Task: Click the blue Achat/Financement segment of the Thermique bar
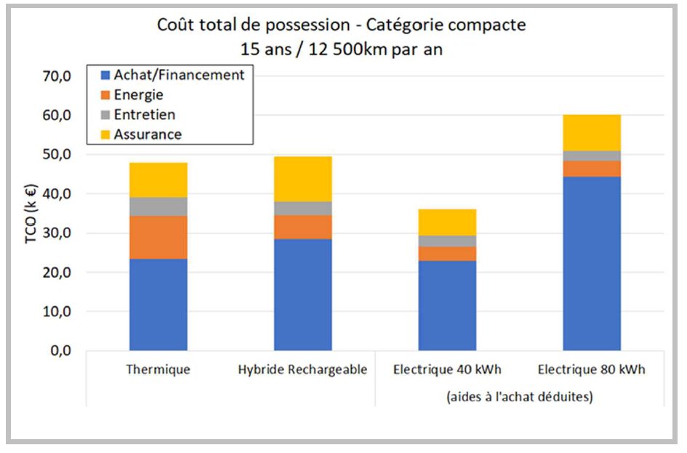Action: [158, 305]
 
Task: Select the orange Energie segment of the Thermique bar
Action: [158, 237]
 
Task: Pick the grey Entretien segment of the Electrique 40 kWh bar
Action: [447, 241]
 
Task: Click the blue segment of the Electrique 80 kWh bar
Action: [592, 263]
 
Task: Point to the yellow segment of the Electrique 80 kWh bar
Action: [592, 132]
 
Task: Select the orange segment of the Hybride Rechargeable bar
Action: [302, 227]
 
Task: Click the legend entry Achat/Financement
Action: [178, 75]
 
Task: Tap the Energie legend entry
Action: [138, 95]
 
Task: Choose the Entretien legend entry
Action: [144, 114]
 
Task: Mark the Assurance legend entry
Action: [147, 134]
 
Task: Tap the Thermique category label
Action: [158, 370]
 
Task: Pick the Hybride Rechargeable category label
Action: [302, 370]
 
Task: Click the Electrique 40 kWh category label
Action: [447, 370]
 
